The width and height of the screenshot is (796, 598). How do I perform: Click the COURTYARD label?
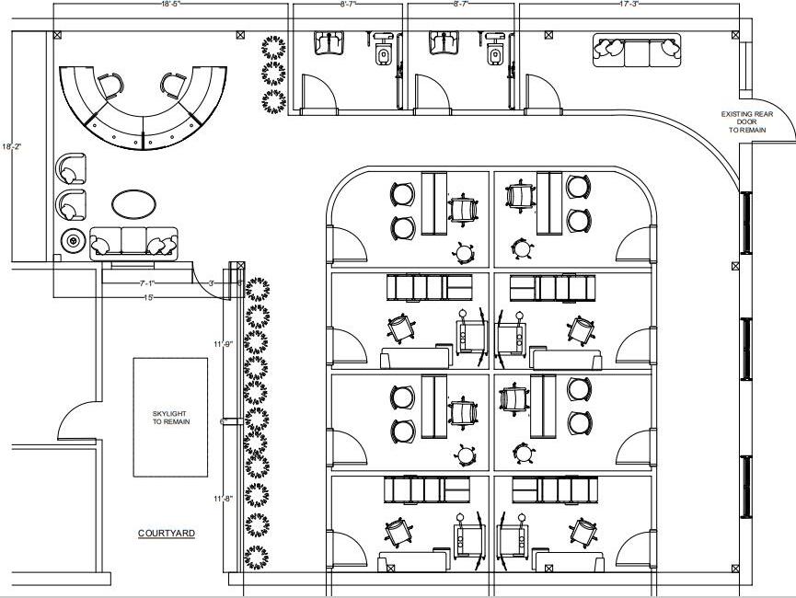[x=167, y=533]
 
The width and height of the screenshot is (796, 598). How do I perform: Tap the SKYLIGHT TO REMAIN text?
[x=170, y=418]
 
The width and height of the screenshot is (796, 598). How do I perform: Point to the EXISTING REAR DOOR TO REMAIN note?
[x=746, y=122]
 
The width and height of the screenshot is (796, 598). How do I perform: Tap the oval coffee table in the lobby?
[x=133, y=202]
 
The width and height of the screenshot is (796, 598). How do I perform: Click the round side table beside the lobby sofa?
[x=73, y=242]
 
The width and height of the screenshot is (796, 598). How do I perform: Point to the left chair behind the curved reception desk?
[x=110, y=86]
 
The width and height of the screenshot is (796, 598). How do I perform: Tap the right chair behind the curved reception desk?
[x=173, y=86]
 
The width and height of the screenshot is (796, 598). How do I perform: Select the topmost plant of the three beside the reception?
[x=273, y=46]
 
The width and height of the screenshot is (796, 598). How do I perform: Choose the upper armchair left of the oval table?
[x=70, y=170]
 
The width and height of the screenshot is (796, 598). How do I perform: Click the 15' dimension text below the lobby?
[x=147, y=296]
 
